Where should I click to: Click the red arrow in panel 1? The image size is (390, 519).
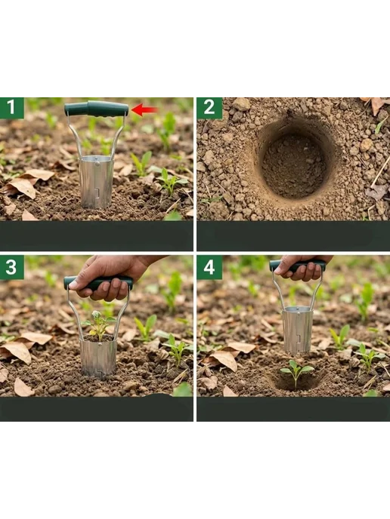145,110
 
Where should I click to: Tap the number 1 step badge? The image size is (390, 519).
12,108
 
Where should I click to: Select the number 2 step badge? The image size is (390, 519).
209,108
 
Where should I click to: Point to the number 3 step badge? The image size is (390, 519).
12,267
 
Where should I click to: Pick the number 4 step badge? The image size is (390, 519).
209,267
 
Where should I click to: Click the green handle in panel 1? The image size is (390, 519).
96,109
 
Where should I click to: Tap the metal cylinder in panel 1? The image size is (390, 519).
96,182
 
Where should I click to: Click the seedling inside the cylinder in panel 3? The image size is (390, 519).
98,325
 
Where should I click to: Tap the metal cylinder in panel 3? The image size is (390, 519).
98,357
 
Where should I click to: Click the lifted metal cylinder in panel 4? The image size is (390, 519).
297,330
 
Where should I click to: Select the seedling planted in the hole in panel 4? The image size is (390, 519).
296,373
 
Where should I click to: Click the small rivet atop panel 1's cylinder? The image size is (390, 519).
97,162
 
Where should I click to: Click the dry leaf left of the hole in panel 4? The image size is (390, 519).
224,360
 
